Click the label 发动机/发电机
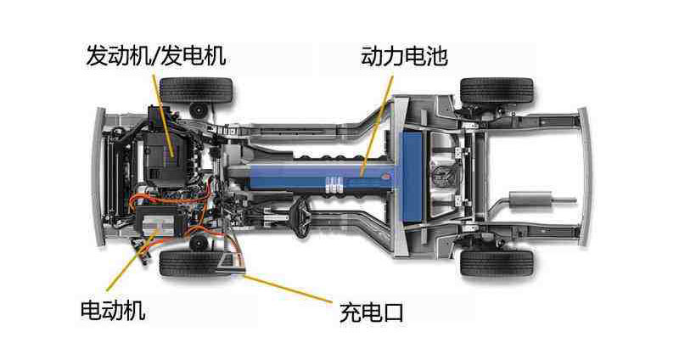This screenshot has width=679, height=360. pyautogui.click(x=156, y=56)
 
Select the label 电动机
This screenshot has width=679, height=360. pyautogui.click(x=111, y=310)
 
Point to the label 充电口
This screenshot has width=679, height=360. pyautogui.click(x=370, y=312)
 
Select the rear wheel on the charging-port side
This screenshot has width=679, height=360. pyautogui.click(x=497, y=261)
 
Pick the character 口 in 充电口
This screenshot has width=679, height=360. pyautogui.click(x=391, y=312)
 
